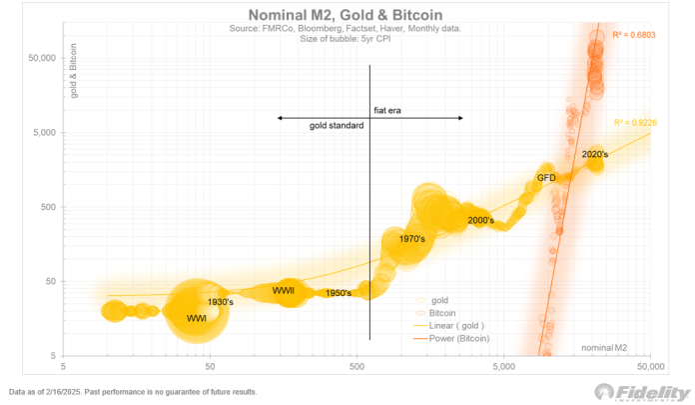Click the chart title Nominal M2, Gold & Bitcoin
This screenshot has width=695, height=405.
click(x=347, y=14)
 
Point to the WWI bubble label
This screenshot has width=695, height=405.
click(x=197, y=318)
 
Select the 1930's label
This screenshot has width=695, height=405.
click(x=220, y=302)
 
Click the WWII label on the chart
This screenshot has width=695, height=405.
click(x=284, y=291)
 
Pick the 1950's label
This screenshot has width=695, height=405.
click(x=339, y=294)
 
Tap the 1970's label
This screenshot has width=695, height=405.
click(x=411, y=240)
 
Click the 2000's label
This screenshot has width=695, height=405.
click(x=480, y=220)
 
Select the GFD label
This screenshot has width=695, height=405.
click(x=546, y=177)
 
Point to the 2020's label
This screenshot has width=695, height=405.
click(x=596, y=155)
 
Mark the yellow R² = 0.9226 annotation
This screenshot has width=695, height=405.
click(x=635, y=122)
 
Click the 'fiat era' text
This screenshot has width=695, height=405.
click(x=386, y=111)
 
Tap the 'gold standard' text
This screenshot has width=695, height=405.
click(x=337, y=126)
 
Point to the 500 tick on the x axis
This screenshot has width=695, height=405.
click(x=356, y=367)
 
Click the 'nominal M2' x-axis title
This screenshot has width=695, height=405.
click(x=605, y=347)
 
